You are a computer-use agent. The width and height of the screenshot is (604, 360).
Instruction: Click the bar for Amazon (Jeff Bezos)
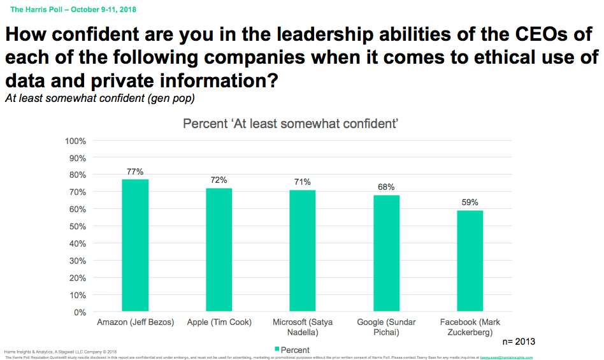(x=135, y=245)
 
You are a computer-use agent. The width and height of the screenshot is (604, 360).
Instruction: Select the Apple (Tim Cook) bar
(x=219, y=250)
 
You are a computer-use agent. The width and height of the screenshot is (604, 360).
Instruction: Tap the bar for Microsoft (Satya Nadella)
(x=303, y=251)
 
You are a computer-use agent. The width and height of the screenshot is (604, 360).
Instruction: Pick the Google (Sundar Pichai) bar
(x=387, y=254)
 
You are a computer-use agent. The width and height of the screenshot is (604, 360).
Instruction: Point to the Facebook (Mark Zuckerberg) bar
(x=470, y=261)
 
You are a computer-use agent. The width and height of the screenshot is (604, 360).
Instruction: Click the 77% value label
(x=135, y=171)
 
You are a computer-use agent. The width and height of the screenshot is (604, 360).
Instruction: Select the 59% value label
(x=470, y=203)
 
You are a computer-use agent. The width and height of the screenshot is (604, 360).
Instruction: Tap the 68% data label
(x=387, y=187)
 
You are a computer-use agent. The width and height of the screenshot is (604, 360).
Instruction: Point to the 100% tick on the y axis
(x=76, y=140)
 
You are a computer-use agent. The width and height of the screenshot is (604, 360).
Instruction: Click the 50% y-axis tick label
(x=78, y=226)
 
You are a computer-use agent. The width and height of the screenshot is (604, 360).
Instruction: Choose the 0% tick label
(x=80, y=312)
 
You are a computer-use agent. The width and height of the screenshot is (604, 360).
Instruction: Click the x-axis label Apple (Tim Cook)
(x=219, y=322)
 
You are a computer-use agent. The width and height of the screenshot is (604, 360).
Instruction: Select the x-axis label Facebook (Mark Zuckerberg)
(x=470, y=327)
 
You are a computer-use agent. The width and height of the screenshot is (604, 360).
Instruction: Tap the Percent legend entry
(x=292, y=350)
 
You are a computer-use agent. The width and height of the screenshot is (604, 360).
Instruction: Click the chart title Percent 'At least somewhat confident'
(x=291, y=124)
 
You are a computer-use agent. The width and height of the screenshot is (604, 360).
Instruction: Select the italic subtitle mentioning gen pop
(x=99, y=99)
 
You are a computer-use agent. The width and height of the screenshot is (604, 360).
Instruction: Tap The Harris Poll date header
(x=73, y=10)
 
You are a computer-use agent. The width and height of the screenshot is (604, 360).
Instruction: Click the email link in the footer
(x=507, y=357)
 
